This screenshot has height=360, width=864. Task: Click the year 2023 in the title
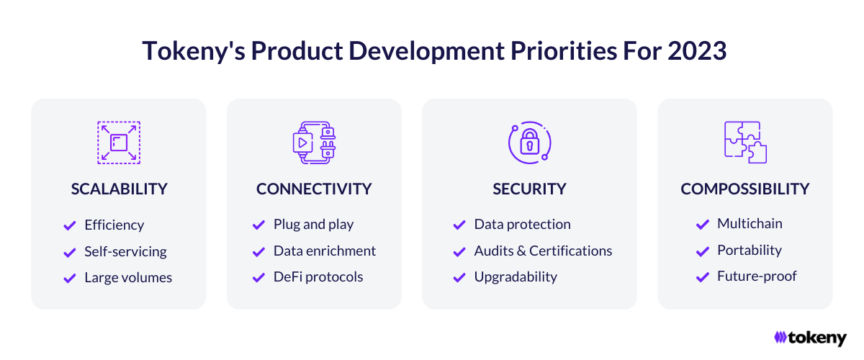[x=697, y=50]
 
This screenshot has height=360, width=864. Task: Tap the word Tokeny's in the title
[x=194, y=51]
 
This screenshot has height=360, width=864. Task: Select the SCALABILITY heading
[x=120, y=189]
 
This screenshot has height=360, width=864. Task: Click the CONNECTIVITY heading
[x=314, y=189]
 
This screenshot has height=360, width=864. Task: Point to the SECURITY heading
[x=529, y=189]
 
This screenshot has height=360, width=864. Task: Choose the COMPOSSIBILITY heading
[x=744, y=189]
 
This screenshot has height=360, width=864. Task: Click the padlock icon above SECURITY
[x=530, y=143]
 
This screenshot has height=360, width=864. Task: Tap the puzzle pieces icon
[x=745, y=143]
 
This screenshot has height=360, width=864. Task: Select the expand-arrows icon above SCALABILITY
[x=119, y=143]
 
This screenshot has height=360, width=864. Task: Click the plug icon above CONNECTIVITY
[x=314, y=143]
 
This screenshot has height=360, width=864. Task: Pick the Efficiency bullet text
[x=114, y=225]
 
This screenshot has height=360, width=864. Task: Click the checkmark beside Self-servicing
[x=70, y=252]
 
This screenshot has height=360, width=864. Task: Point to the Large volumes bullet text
[x=128, y=277]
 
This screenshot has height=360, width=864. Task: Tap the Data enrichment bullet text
[x=325, y=251]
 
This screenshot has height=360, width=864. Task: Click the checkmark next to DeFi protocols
[x=258, y=277]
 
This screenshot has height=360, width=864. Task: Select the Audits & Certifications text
[x=543, y=251]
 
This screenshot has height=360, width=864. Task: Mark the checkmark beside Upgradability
[x=459, y=277]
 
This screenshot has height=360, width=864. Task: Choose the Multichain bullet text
[x=750, y=223]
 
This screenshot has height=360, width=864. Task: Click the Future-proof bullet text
[x=757, y=276]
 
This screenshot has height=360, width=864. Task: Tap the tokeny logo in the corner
[x=810, y=338]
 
